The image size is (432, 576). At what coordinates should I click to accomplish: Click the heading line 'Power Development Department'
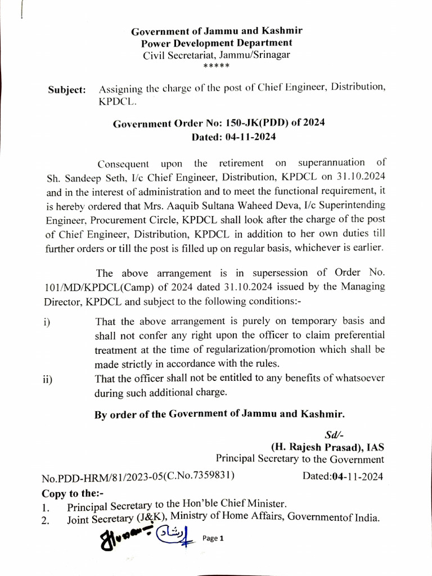click(217, 43)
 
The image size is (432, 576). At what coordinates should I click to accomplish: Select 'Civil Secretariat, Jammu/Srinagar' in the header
click(217, 55)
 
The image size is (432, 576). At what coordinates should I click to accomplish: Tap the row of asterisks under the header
click(216, 66)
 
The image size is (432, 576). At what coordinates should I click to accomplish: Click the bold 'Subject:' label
click(67, 90)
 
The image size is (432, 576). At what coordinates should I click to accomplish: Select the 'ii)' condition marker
click(47, 379)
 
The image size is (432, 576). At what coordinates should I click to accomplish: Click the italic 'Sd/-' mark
click(334, 435)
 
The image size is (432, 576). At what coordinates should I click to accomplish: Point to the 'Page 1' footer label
click(213, 538)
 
